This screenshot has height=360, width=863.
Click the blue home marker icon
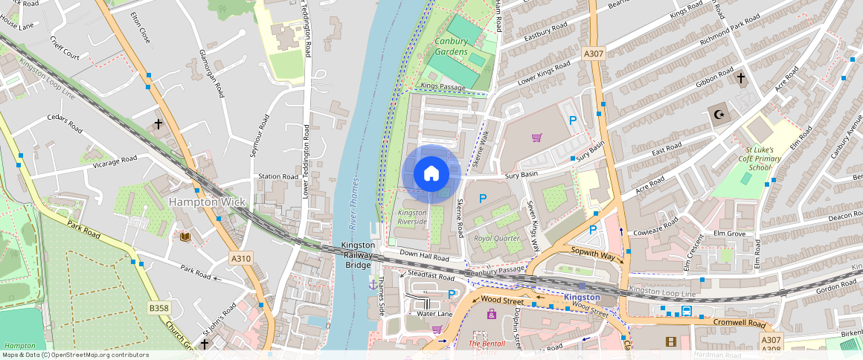(431, 174)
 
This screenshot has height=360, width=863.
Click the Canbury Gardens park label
(452, 46)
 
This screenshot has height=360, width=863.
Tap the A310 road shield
(240, 258)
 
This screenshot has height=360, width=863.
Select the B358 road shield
(158, 307)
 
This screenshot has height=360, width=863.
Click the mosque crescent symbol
(719, 115)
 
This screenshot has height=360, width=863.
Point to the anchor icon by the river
(372, 284)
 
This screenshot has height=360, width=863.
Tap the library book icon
(185, 237)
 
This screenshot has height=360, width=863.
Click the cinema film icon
(672, 341)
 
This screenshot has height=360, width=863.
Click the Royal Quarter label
(496, 239)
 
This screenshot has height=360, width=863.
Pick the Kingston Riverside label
(412, 217)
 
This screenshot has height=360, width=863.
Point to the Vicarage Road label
(113, 159)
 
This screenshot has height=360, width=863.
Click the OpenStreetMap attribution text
(74, 355)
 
